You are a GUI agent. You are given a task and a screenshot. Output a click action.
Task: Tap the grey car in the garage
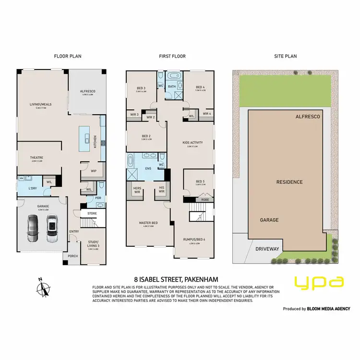33,228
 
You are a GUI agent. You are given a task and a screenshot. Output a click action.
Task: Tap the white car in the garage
51,228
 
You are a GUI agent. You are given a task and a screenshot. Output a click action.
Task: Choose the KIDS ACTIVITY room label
193,143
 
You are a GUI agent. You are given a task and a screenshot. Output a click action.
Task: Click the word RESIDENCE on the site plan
289,182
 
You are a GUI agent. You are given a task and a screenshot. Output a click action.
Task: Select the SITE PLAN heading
285,56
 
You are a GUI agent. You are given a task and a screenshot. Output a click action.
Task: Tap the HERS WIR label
137,189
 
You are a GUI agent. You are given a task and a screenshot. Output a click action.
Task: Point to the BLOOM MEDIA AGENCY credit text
326,309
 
